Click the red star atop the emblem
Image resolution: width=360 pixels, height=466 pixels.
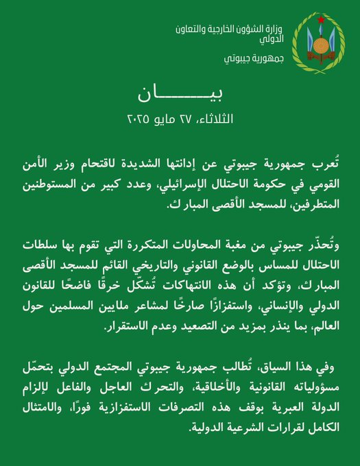pyautogui.click(x=320, y=19)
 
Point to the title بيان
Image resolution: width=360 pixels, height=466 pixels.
pyautogui.click(x=180, y=92)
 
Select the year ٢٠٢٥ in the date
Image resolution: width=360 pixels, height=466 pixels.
pyautogui.click(x=139, y=119)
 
